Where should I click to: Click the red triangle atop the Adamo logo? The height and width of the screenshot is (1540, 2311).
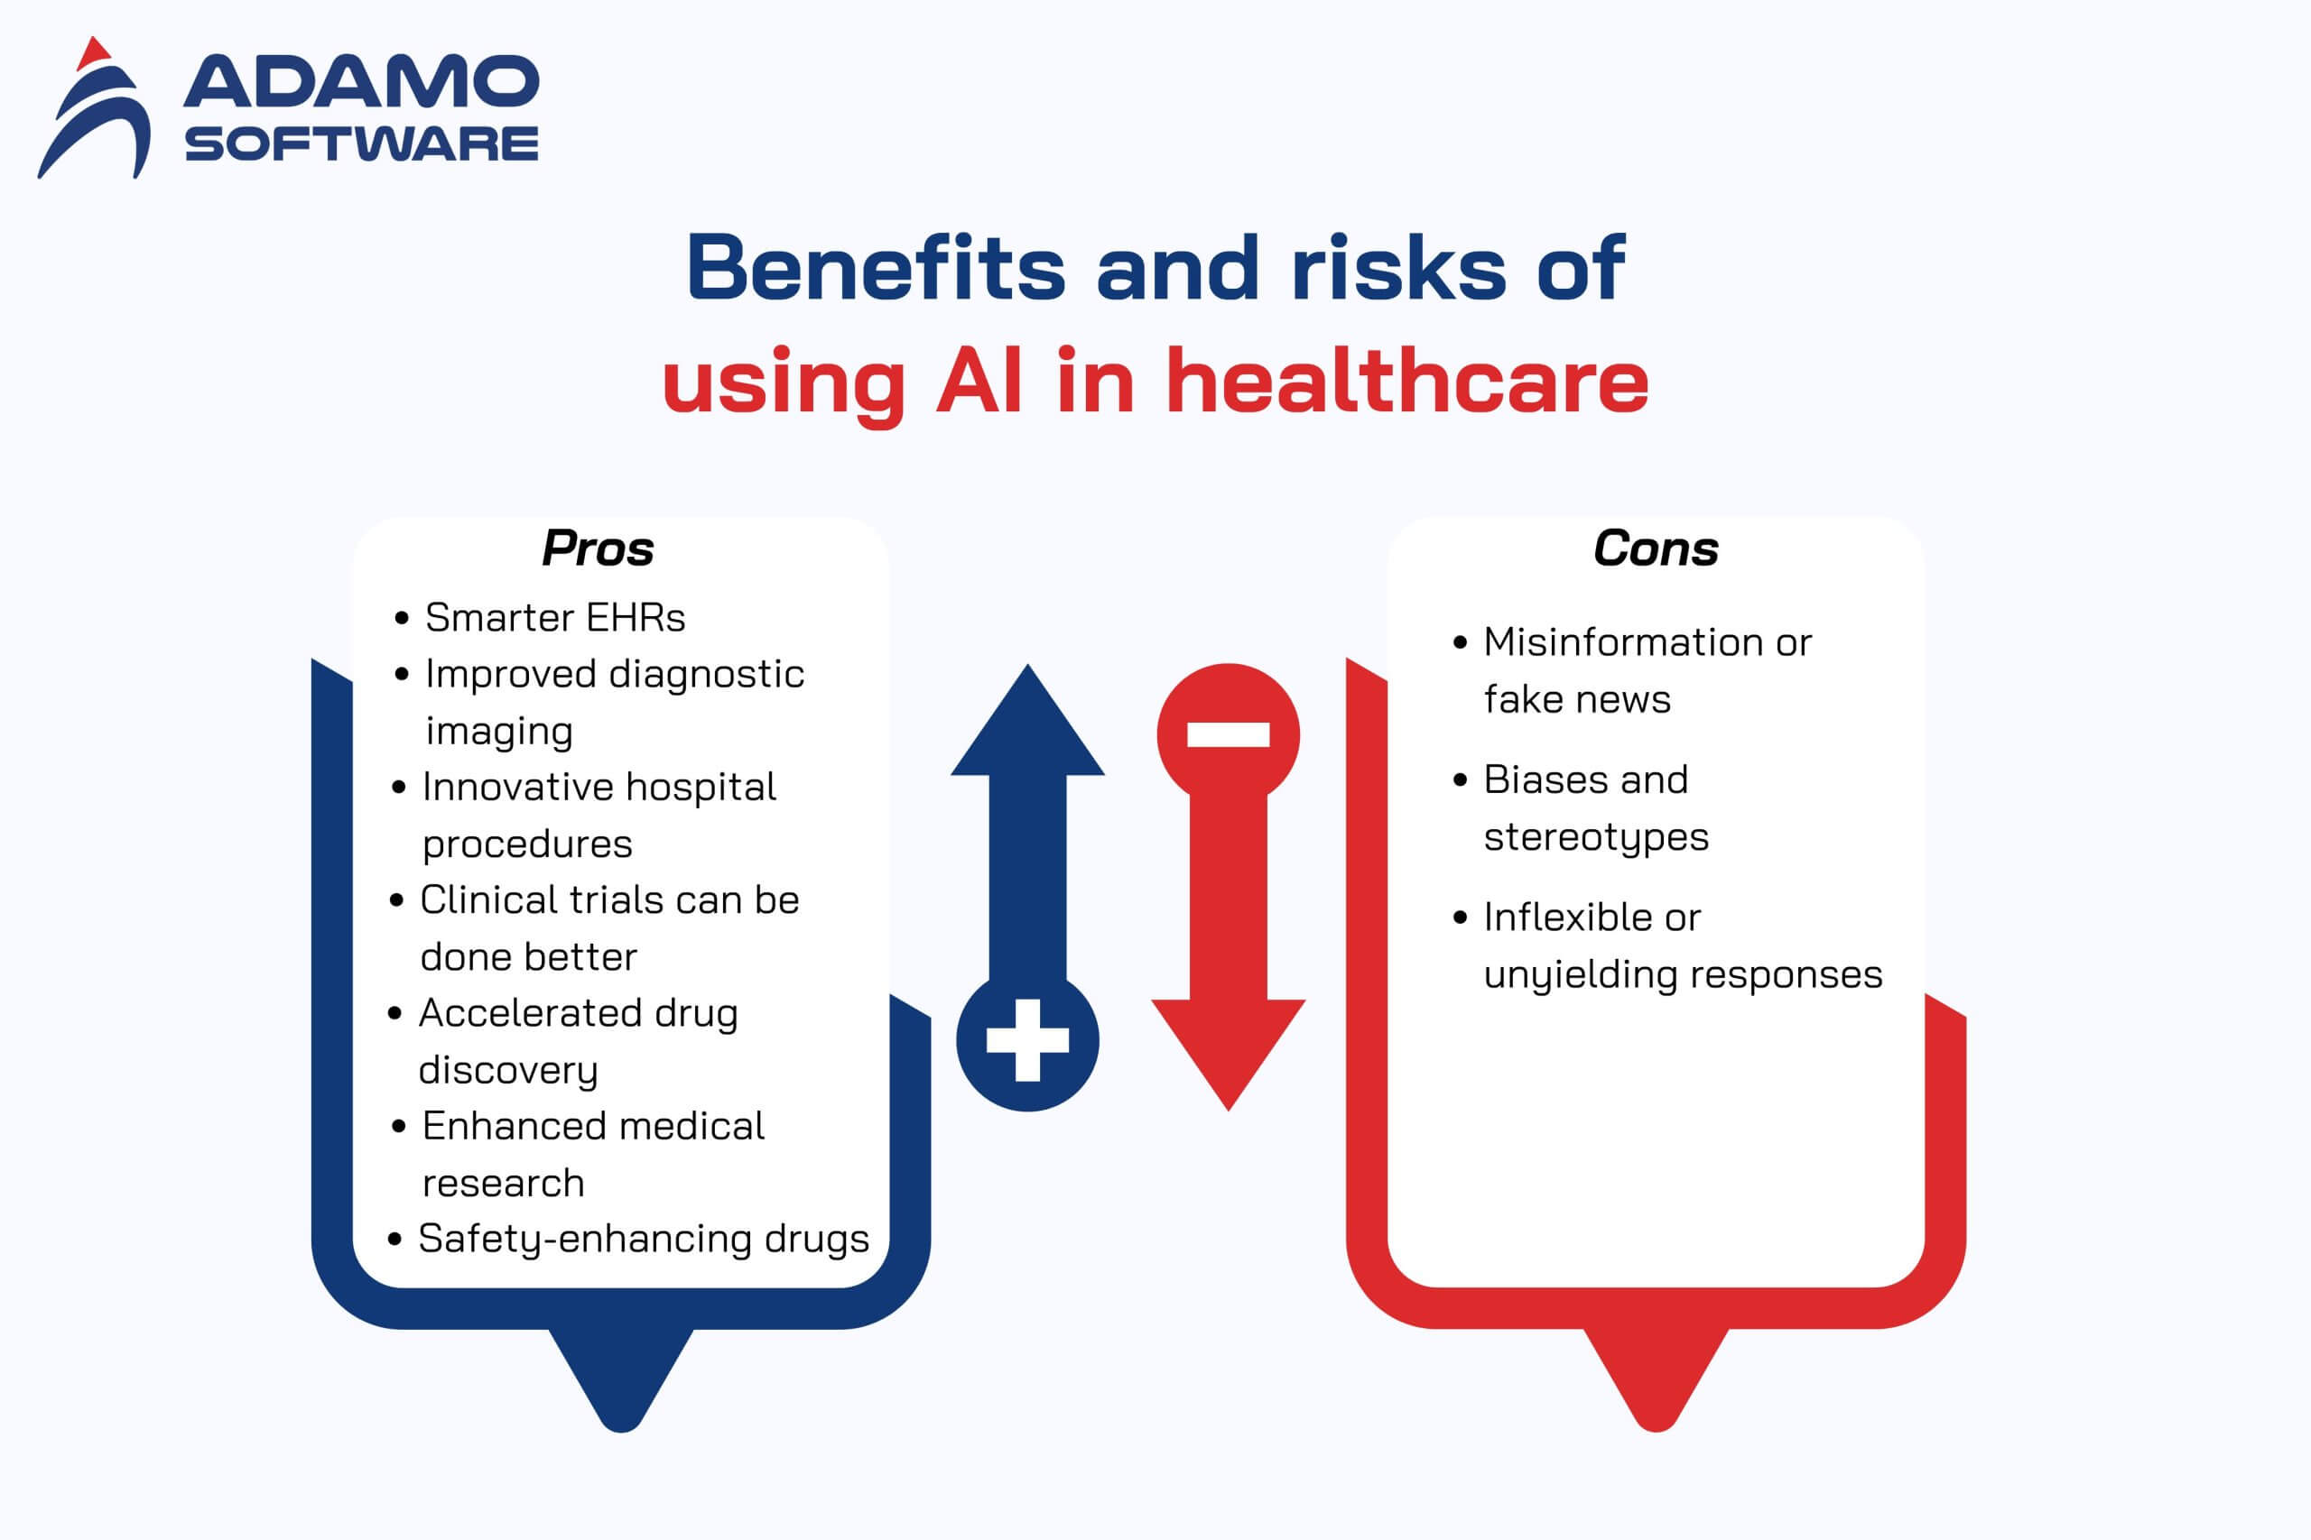(x=93, y=54)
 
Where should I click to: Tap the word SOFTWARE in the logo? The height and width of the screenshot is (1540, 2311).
(x=362, y=143)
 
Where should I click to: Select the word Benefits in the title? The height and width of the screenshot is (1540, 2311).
(x=876, y=267)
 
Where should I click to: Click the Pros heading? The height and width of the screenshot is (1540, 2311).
(x=598, y=548)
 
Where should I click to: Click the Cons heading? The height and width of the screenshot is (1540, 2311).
(x=1657, y=548)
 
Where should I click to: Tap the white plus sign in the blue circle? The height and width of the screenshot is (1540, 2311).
(x=1028, y=1040)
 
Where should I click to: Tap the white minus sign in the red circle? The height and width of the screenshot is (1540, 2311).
(x=1229, y=734)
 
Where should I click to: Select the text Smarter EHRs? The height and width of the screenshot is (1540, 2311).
(x=555, y=618)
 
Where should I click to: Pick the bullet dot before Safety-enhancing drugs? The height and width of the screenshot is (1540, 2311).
(x=395, y=1240)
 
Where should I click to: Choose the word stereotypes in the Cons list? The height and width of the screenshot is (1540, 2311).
(x=1597, y=838)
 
